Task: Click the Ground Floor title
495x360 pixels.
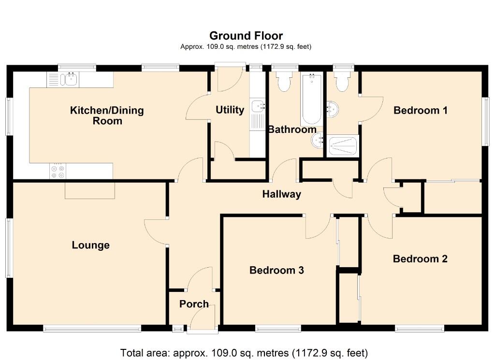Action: tap(246, 36)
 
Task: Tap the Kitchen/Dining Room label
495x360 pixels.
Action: tap(107, 115)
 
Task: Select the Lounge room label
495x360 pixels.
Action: tap(90, 245)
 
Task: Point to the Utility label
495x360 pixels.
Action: tap(230, 110)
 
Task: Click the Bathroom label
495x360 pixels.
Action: tap(292, 130)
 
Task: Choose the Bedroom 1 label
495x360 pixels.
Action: tap(420, 111)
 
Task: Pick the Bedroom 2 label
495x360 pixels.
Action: tap(420, 259)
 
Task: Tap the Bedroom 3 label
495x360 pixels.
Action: tap(277, 270)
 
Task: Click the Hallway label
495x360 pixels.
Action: tap(281, 195)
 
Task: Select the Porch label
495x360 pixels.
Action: tap(194, 304)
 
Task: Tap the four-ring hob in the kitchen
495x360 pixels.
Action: tap(58, 172)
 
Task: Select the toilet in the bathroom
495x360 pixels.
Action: tap(284, 82)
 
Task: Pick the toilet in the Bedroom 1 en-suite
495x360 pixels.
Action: tap(342, 82)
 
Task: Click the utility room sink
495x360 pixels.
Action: tap(257, 105)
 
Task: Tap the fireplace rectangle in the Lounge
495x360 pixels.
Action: tap(90, 190)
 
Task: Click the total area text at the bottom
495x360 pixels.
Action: tap(244, 352)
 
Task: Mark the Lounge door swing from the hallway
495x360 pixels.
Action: tap(156, 231)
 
